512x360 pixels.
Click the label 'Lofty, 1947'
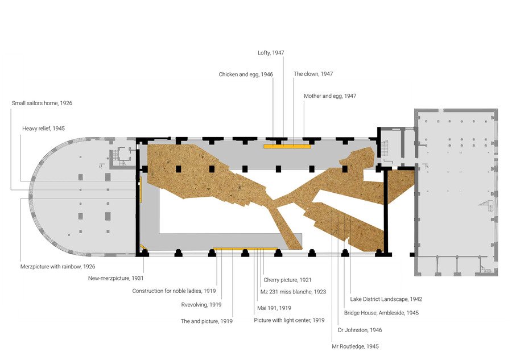click(271, 53)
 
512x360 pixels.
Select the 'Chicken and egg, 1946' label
click(246, 75)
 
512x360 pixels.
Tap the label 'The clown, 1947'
click(313, 74)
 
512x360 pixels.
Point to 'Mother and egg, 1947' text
click(330, 96)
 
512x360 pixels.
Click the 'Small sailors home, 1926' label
click(42, 103)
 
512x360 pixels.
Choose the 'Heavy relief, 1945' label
click(43, 129)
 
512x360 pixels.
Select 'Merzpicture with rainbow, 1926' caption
click(57, 267)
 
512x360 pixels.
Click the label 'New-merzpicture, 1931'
click(115, 279)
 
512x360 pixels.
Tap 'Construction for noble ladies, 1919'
click(174, 291)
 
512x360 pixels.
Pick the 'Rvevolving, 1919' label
click(201, 305)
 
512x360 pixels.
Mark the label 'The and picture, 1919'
click(207, 321)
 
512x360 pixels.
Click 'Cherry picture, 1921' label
click(287, 280)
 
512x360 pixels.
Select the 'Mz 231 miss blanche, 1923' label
click(293, 292)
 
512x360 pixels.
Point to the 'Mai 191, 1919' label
click(274, 308)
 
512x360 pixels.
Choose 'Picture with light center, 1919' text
click(289, 321)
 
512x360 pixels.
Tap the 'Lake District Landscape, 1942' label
click(386, 299)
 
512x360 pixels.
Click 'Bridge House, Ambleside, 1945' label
click(381, 313)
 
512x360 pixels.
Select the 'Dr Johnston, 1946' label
click(360, 330)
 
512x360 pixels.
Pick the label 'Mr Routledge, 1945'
click(355, 346)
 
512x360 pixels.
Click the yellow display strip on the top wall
click(287, 147)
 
